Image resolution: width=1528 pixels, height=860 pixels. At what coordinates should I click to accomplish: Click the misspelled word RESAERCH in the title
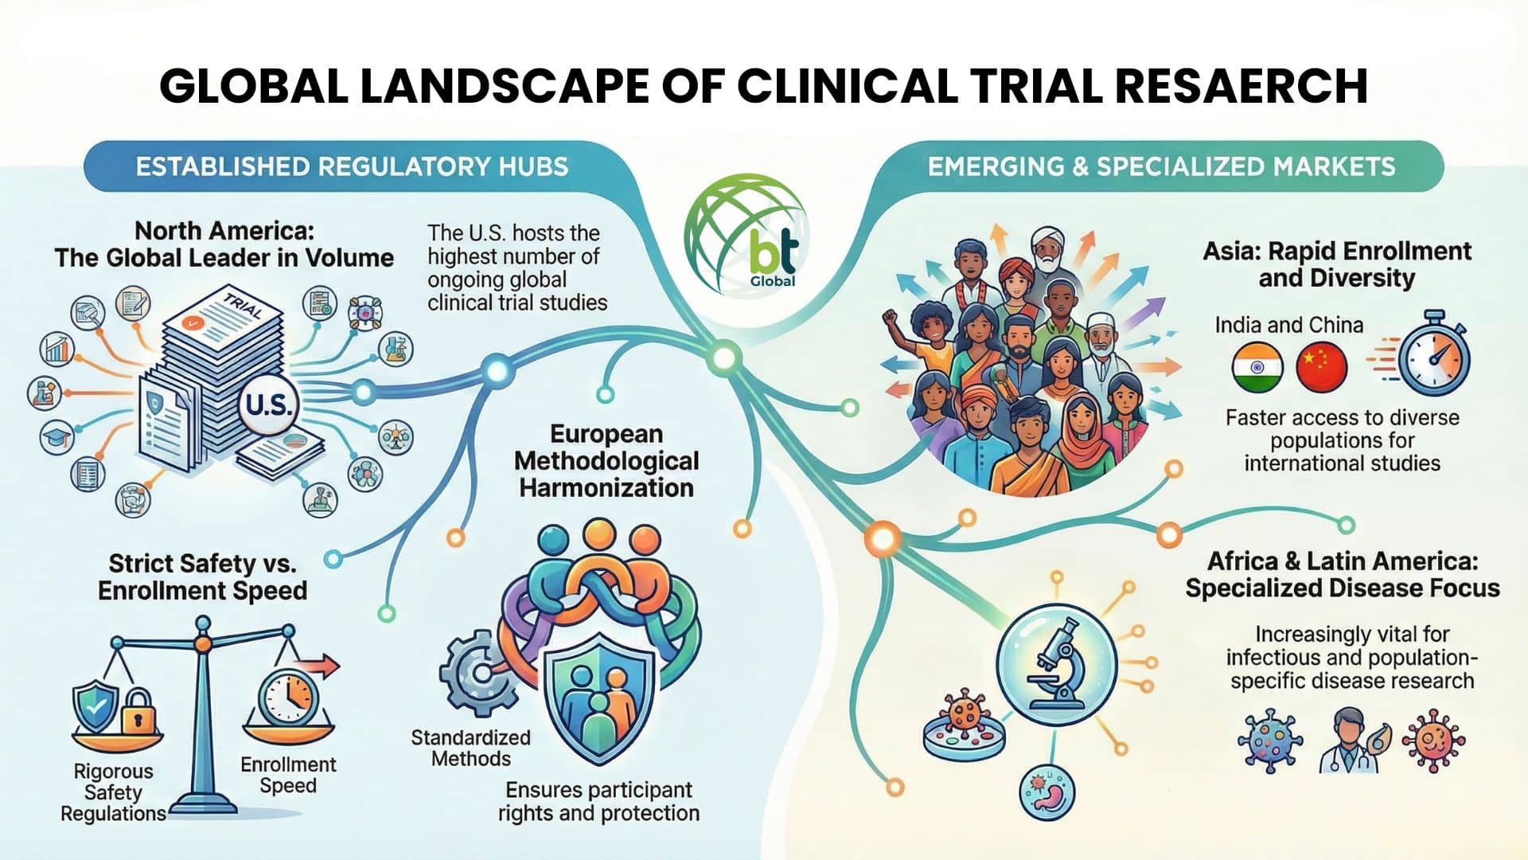pos(1241,86)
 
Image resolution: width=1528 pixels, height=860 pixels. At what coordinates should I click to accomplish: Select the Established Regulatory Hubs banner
pos(352,166)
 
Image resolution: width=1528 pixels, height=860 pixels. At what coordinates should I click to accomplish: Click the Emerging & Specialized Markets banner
pos(1161,166)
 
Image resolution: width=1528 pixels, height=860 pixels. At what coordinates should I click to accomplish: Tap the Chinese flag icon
pos(1321,367)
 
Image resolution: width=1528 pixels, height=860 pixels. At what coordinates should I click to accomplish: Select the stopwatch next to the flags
pos(1433,356)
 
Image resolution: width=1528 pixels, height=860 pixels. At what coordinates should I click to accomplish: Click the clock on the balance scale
pos(288,697)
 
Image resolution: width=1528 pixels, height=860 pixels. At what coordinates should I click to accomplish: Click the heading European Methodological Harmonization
pos(606,460)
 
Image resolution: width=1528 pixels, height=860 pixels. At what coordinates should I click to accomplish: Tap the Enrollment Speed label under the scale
pos(288,775)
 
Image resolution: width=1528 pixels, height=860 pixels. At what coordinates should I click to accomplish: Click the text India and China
pos(1288,325)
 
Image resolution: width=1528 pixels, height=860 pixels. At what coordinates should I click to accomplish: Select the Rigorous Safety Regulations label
pos(113,792)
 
